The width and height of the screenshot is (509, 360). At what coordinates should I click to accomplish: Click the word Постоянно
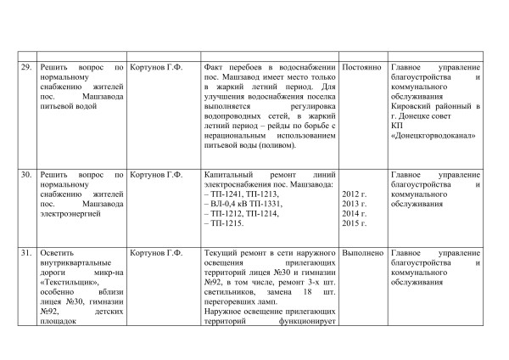coord(361,67)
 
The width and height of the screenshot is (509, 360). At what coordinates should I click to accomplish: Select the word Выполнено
coord(362,253)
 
